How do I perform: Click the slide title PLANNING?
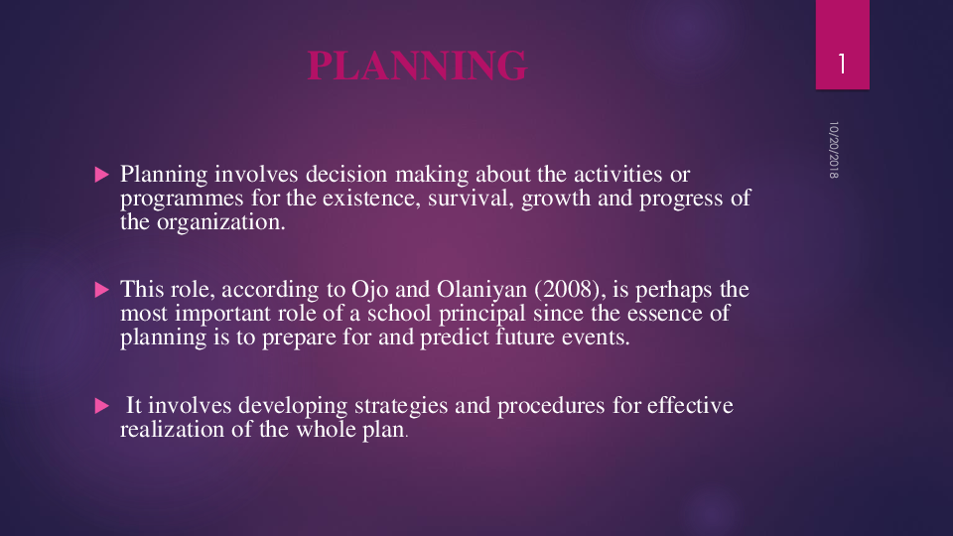click(x=417, y=66)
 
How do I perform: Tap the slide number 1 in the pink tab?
click(x=842, y=65)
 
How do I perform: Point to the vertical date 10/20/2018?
click(x=834, y=150)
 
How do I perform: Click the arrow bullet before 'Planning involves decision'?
click(x=99, y=175)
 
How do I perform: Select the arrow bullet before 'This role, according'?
click(x=99, y=290)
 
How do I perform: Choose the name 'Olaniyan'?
click(x=466, y=291)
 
